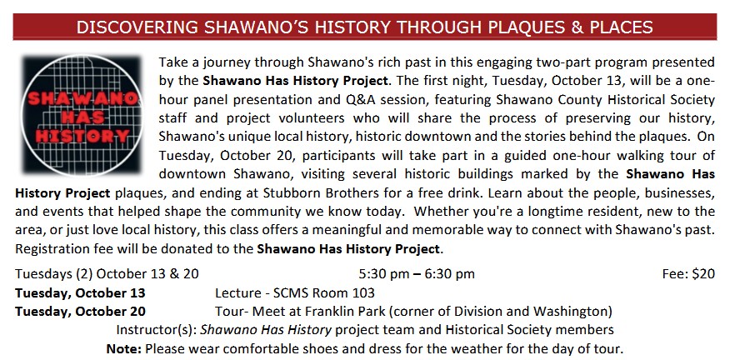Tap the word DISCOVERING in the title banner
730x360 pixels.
click(137, 27)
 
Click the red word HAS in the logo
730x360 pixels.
click(82, 117)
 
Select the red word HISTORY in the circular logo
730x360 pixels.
click(82, 137)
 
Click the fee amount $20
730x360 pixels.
click(703, 274)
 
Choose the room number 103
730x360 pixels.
click(363, 293)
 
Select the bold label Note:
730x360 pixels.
click(124, 348)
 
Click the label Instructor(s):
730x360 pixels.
click(157, 330)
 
